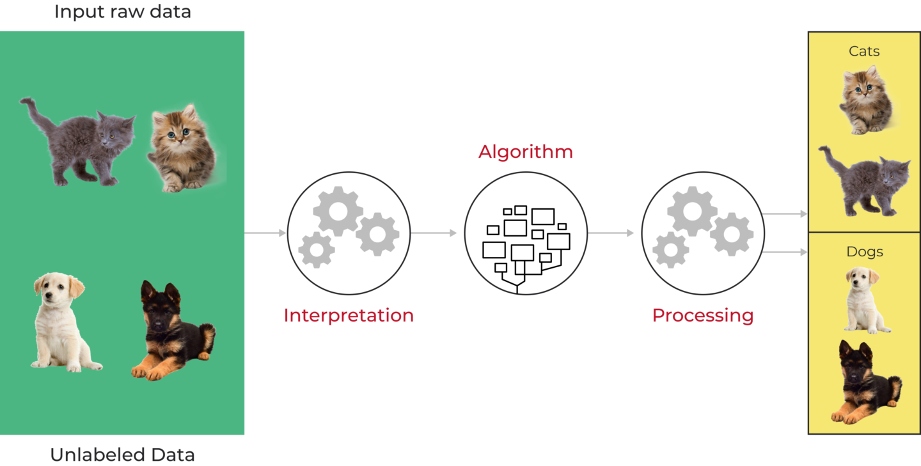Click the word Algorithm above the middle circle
pos(525,152)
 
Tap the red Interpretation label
pos(349,315)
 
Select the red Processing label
pos(702,315)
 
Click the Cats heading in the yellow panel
pos(864,51)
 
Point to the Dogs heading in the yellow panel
pos(864,252)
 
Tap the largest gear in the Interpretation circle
pos(338,211)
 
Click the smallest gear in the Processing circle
pos(670,250)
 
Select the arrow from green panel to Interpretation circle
pos(265,233)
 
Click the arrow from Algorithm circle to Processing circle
pos(610,233)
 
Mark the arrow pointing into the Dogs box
pos(785,252)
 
